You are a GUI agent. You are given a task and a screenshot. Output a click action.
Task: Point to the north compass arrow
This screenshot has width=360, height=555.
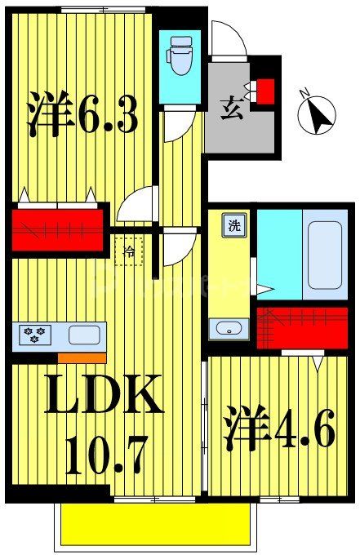[x=318, y=115]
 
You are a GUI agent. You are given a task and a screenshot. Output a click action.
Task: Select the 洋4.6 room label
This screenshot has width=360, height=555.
[x=278, y=431]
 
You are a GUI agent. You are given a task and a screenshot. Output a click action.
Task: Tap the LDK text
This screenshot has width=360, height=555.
[x=100, y=397]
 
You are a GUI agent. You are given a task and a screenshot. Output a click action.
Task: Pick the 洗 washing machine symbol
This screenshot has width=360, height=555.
[x=234, y=225]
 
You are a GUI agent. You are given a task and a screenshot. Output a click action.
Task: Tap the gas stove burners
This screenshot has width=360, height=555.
[x=35, y=334]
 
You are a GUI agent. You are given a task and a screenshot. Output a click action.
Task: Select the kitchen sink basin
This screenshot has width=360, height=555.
[x=82, y=334]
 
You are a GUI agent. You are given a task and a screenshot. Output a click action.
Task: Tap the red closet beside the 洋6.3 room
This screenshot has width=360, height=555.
[x=60, y=229]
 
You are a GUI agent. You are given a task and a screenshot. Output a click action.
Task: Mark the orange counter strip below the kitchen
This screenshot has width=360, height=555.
[x=82, y=357]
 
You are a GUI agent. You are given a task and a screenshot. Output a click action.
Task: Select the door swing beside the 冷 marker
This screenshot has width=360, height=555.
[x=177, y=247]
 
